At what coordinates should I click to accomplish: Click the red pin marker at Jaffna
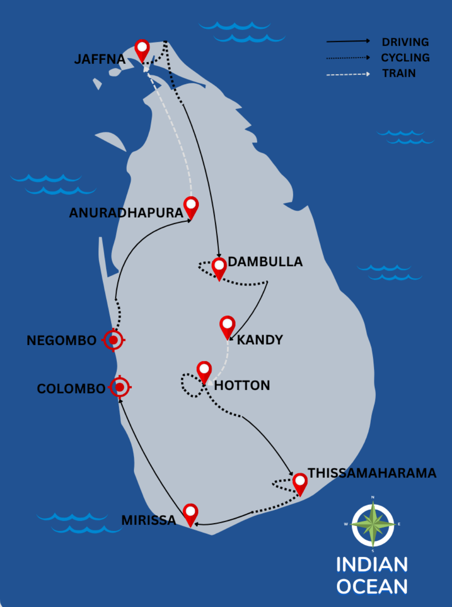click(142, 49)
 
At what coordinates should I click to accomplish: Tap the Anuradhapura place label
click(126, 213)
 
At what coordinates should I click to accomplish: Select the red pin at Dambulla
click(219, 268)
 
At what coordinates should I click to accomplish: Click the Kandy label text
click(260, 340)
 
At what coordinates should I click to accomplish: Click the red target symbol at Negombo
click(113, 340)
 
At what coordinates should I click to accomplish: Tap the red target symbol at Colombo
click(120, 387)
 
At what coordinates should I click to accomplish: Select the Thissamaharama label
click(372, 473)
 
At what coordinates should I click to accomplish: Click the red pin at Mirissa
click(190, 514)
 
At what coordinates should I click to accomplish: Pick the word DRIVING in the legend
click(405, 42)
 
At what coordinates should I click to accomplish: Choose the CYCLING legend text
click(405, 58)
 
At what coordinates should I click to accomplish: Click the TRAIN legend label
click(399, 73)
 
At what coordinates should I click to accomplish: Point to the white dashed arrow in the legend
click(348, 75)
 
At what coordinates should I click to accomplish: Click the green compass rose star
click(373, 524)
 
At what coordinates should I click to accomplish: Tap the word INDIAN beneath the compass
click(372, 565)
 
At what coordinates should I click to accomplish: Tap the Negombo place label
click(62, 340)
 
